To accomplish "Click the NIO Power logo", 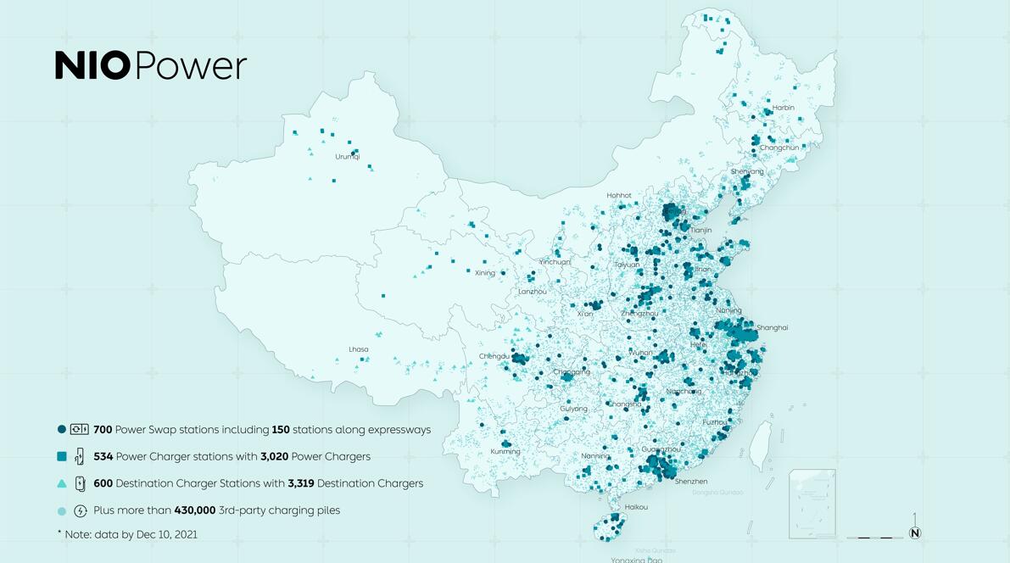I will pos(151,65).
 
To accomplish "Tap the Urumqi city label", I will pos(347,157).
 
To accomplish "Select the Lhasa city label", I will pos(358,349).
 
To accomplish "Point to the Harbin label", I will pos(783,108).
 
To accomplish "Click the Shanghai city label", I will pos(772,327).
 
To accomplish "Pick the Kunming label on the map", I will pos(505,451).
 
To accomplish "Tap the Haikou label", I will pos(636,507).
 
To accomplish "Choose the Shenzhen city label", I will pos(690,482).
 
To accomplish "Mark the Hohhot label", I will pos(618,195).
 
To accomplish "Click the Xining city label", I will pos(484,273).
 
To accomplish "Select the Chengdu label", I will pos(494,356).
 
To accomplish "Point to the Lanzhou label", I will pos(533,292).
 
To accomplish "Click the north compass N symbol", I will pos(914,533).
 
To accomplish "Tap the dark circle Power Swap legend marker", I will pos(62,430).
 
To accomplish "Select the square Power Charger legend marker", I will pos(62,456).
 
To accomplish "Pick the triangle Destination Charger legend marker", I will pos(62,483).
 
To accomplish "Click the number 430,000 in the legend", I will pos(194,510).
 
